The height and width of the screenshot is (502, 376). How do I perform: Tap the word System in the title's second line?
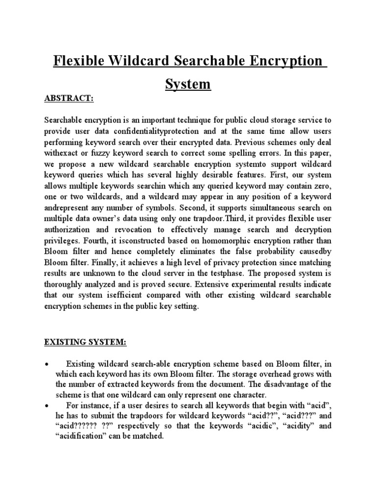click(x=188, y=84)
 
